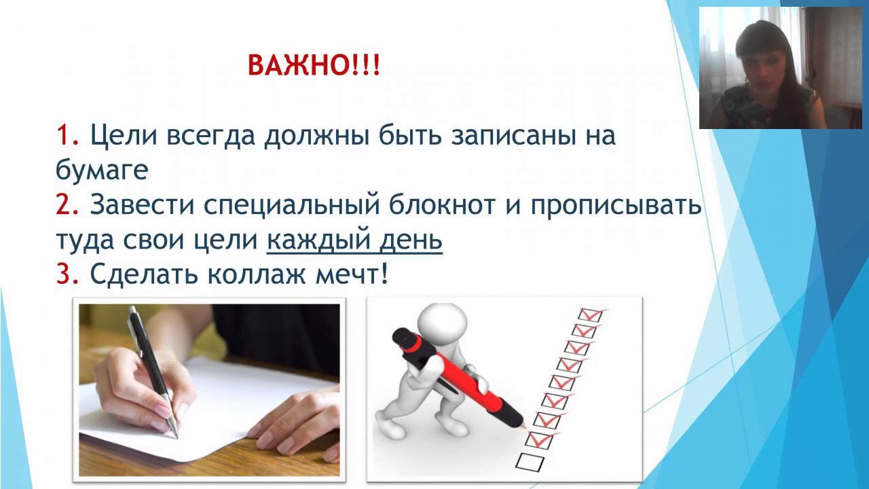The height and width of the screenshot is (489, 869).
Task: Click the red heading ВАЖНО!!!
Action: point(314,65)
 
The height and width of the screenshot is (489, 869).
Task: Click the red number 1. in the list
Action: point(68,135)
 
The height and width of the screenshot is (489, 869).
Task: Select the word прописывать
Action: point(616,206)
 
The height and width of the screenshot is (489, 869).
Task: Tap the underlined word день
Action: point(411,241)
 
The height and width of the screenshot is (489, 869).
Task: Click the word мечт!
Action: point(352,275)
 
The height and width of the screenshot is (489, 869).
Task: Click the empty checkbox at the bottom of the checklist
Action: point(530,461)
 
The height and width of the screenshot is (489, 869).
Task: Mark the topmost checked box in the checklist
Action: point(590,314)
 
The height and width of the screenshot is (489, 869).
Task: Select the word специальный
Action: point(291,206)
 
